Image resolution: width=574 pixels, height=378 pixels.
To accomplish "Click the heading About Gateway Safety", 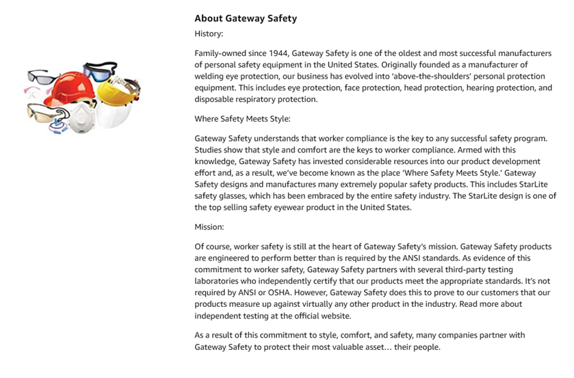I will click(246, 18).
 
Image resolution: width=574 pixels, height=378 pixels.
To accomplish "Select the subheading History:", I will click(209, 33).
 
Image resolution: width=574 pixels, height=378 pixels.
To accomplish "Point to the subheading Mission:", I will click(210, 226).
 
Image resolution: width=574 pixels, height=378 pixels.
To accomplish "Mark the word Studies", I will click(209, 150).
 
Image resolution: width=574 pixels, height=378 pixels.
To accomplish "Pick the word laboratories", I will click(218, 281).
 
